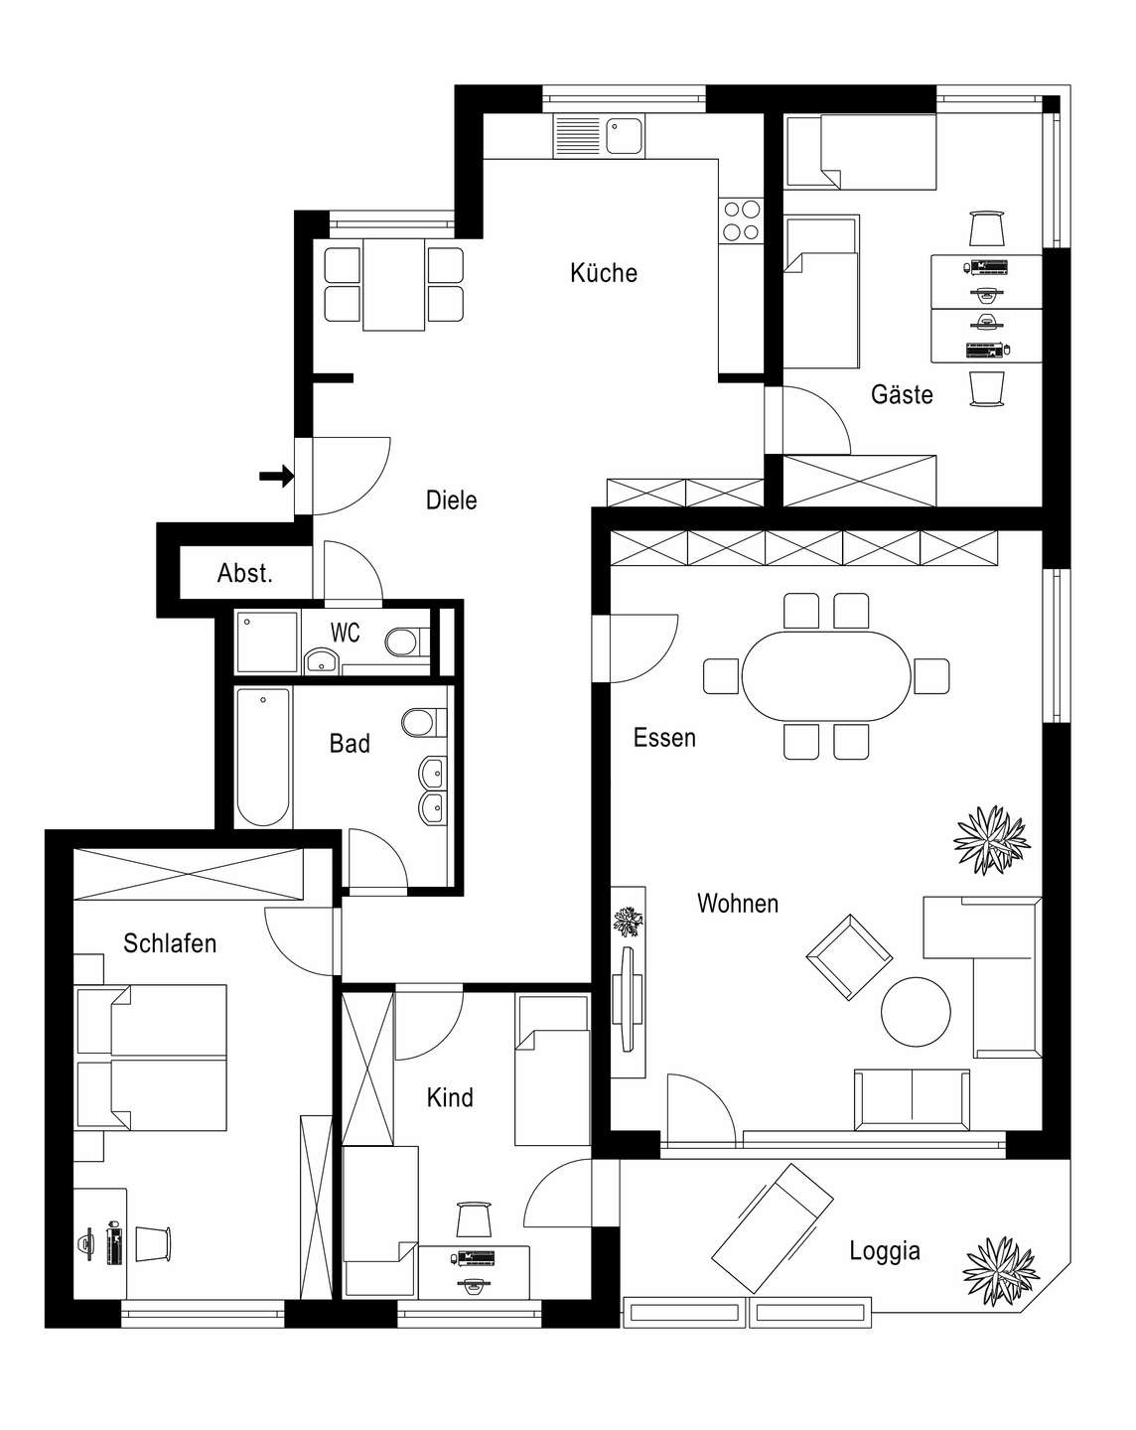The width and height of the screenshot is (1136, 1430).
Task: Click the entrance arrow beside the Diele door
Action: pos(276,476)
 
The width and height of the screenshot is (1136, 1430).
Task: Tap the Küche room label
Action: pos(603,273)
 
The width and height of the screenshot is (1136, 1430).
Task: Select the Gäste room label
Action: pos(902,394)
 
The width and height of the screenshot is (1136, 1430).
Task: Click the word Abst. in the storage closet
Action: pos(244,573)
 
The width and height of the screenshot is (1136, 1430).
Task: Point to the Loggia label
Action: pos(884,1251)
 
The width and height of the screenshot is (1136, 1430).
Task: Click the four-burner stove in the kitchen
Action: pos(741,220)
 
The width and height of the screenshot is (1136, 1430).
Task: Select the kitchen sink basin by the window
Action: pos(625,135)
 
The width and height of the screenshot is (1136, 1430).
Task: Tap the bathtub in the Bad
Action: pos(263,757)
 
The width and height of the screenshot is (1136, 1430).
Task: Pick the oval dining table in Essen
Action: pos(825,676)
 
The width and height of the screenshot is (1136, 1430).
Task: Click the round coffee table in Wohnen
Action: pos(916,1012)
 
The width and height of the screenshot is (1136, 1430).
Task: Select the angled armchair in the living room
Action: pos(849,957)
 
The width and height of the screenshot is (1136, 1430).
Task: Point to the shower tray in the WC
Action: pos(267,642)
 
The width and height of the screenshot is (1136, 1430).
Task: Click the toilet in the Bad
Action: pos(423,722)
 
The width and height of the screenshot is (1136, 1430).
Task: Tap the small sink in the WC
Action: pos(322,660)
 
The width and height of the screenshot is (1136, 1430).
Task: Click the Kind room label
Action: pos(450,1097)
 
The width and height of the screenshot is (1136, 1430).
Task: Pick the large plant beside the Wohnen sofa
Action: pos(991,840)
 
